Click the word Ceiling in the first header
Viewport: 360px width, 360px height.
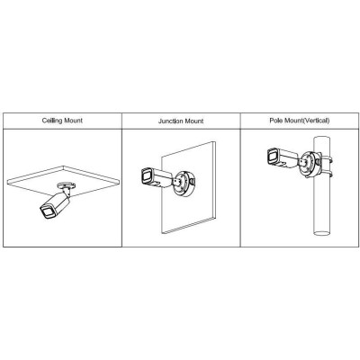(51, 121)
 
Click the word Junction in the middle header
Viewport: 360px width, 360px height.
(170, 121)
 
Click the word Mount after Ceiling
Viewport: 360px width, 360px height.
(73, 121)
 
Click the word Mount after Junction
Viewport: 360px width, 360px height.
(193, 121)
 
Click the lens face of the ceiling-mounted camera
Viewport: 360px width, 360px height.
(48, 211)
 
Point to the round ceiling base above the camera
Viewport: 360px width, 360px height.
(66, 184)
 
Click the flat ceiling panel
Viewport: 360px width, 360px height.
(63, 181)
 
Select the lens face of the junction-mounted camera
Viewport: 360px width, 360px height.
(147, 175)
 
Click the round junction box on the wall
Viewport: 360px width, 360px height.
(184, 184)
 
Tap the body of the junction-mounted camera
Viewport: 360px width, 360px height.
(160, 177)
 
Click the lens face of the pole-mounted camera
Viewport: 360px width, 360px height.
(274, 156)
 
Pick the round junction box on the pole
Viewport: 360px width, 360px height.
(310, 165)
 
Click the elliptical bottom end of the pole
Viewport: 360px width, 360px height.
(321, 232)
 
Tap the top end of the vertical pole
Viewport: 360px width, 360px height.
(321, 139)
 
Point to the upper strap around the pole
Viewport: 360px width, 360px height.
(327, 159)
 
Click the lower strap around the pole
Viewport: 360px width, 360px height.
(327, 173)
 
